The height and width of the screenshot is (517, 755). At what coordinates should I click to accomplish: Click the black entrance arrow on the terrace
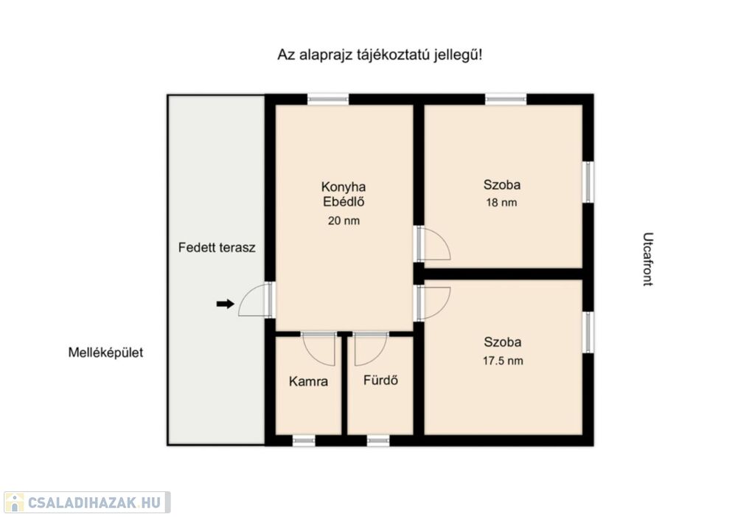click(x=225, y=304)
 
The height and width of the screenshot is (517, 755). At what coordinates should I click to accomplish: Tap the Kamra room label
click(x=309, y=381)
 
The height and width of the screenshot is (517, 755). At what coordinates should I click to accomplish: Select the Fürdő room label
click(x=380, y=380)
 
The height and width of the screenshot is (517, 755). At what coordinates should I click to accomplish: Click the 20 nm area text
click(x=344, y=221)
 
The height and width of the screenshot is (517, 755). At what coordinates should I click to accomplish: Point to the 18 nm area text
click(x=501, y=202)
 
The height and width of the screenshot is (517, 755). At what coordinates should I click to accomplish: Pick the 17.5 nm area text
click(x=503, y=361)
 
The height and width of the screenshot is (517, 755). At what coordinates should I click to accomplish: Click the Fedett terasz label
click(x=217, y=248)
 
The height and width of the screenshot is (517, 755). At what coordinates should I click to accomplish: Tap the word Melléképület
click(x=105, y=353)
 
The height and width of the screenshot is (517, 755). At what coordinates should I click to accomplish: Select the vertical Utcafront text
click(x=648, y=259)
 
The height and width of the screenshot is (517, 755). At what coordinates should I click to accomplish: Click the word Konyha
click(x=344, y=187)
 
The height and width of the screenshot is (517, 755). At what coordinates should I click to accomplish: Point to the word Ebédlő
click(x=344, y=201)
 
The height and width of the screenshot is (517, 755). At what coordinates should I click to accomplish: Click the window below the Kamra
click(x=305, y=440)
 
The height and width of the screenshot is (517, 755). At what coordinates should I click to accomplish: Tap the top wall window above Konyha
click(x=328, y=100)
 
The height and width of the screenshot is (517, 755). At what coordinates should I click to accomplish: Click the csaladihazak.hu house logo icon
click(x=15, y=502)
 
